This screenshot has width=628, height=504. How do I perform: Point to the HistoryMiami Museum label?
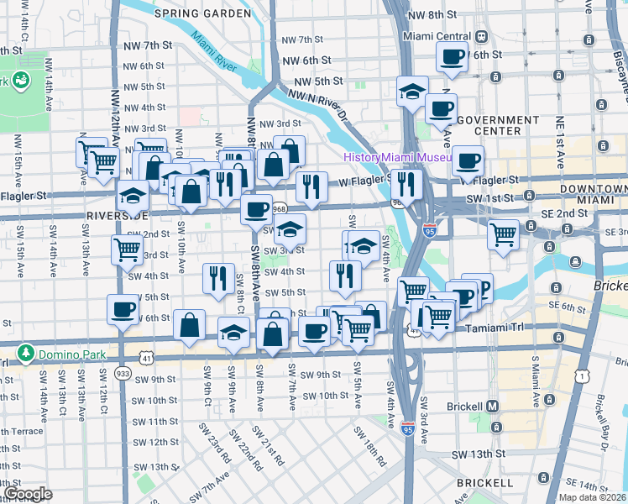397,158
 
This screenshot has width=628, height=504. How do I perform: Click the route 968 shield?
280,208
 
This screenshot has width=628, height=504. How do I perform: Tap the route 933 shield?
123,372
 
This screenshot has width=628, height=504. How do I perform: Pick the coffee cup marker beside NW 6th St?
453,57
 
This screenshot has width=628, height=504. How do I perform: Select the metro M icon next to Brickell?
494,406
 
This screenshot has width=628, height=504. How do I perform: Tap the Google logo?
28,494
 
